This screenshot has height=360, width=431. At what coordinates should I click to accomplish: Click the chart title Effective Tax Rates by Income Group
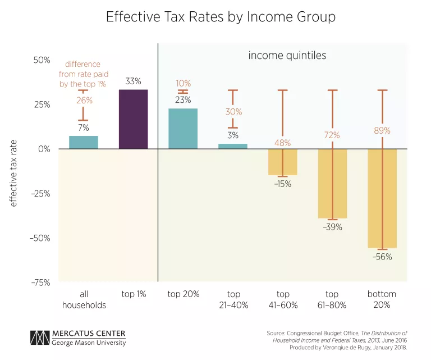tap(221, 17)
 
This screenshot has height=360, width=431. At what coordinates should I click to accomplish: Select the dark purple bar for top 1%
tap(133, 119)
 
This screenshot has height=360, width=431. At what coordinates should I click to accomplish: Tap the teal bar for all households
tap(84, 142)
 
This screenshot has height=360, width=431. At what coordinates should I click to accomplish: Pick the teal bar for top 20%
tap(183, 129)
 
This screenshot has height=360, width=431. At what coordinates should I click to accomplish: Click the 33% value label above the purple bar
tap(133, 81)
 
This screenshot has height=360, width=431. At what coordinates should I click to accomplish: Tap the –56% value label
tap(383, 257)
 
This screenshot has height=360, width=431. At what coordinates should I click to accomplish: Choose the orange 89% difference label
tap(382, 130)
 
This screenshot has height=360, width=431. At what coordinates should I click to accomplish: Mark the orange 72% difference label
tap(332, 135)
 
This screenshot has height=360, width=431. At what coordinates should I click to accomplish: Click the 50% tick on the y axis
tap(42, 60)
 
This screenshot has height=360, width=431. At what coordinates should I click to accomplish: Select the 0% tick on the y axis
tap(44, 149)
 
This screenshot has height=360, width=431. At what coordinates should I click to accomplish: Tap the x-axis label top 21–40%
tap(233, 299)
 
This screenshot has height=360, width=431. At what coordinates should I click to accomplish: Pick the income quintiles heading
tap(287, 56)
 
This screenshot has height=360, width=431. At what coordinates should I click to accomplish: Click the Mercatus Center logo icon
tap(40, 338)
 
